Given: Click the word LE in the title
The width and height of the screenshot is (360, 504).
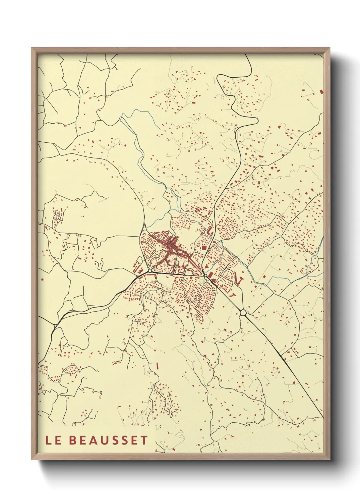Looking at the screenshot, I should click(53, 440).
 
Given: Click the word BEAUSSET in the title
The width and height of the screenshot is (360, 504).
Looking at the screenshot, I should click(109, 440).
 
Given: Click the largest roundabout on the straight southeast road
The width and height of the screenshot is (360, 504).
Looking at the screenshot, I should click(243, 312).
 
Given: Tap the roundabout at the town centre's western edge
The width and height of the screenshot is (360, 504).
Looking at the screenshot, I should click(150, 271).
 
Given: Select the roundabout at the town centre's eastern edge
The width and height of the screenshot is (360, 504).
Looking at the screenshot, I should click(206, 275).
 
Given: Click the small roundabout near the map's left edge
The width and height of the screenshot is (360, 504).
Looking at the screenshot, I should click(55, 326).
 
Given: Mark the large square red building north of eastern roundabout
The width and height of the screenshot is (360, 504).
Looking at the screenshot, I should click(204, 248).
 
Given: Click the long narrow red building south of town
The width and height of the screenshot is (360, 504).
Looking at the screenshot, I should click(158, 365).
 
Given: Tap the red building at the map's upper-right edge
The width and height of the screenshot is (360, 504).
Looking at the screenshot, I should click(321, 91).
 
